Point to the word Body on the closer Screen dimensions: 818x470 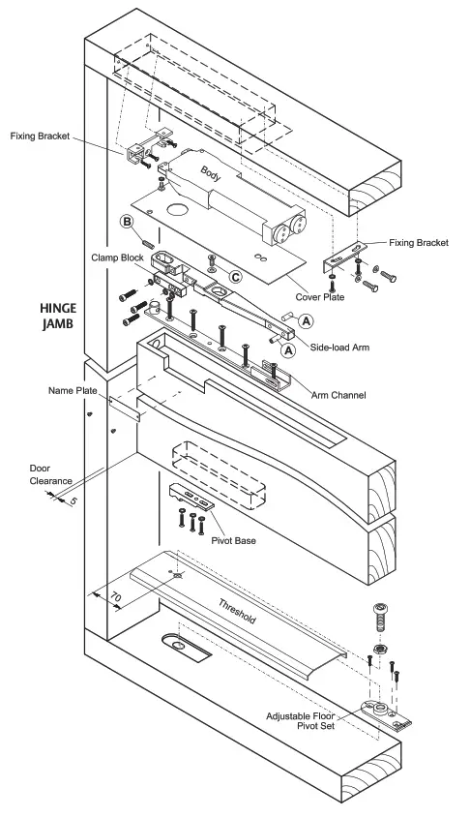click(212, 173)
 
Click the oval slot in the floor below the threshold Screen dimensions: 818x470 click(179, 646)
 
